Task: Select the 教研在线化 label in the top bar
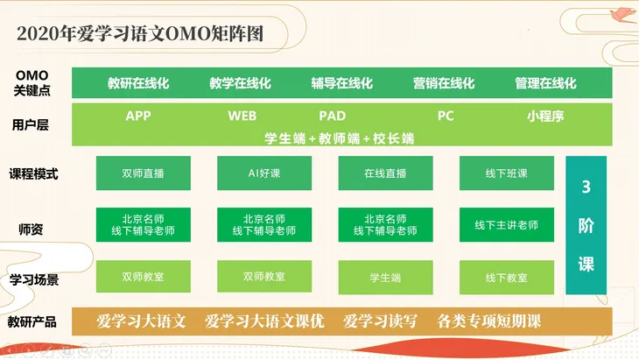tap(138, 83)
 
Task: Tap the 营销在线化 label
tap(444, 83)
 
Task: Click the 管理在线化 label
tap(545, 83)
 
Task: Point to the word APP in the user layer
tap(138, 116)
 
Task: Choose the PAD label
tap(332, 116)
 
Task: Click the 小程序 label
tap(544, 116)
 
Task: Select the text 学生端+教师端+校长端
tap(340, 138)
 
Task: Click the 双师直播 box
tap(143, 173)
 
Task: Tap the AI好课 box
tap(263, 173)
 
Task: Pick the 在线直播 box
tap(385, 173)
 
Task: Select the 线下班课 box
tap(507, 173)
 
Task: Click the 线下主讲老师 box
tap(507, 225)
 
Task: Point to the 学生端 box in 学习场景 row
tap(385, 277)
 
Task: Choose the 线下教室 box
tap(507, 277)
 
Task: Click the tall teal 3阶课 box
tap(586, 225)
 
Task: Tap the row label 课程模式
tap(33, 173)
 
